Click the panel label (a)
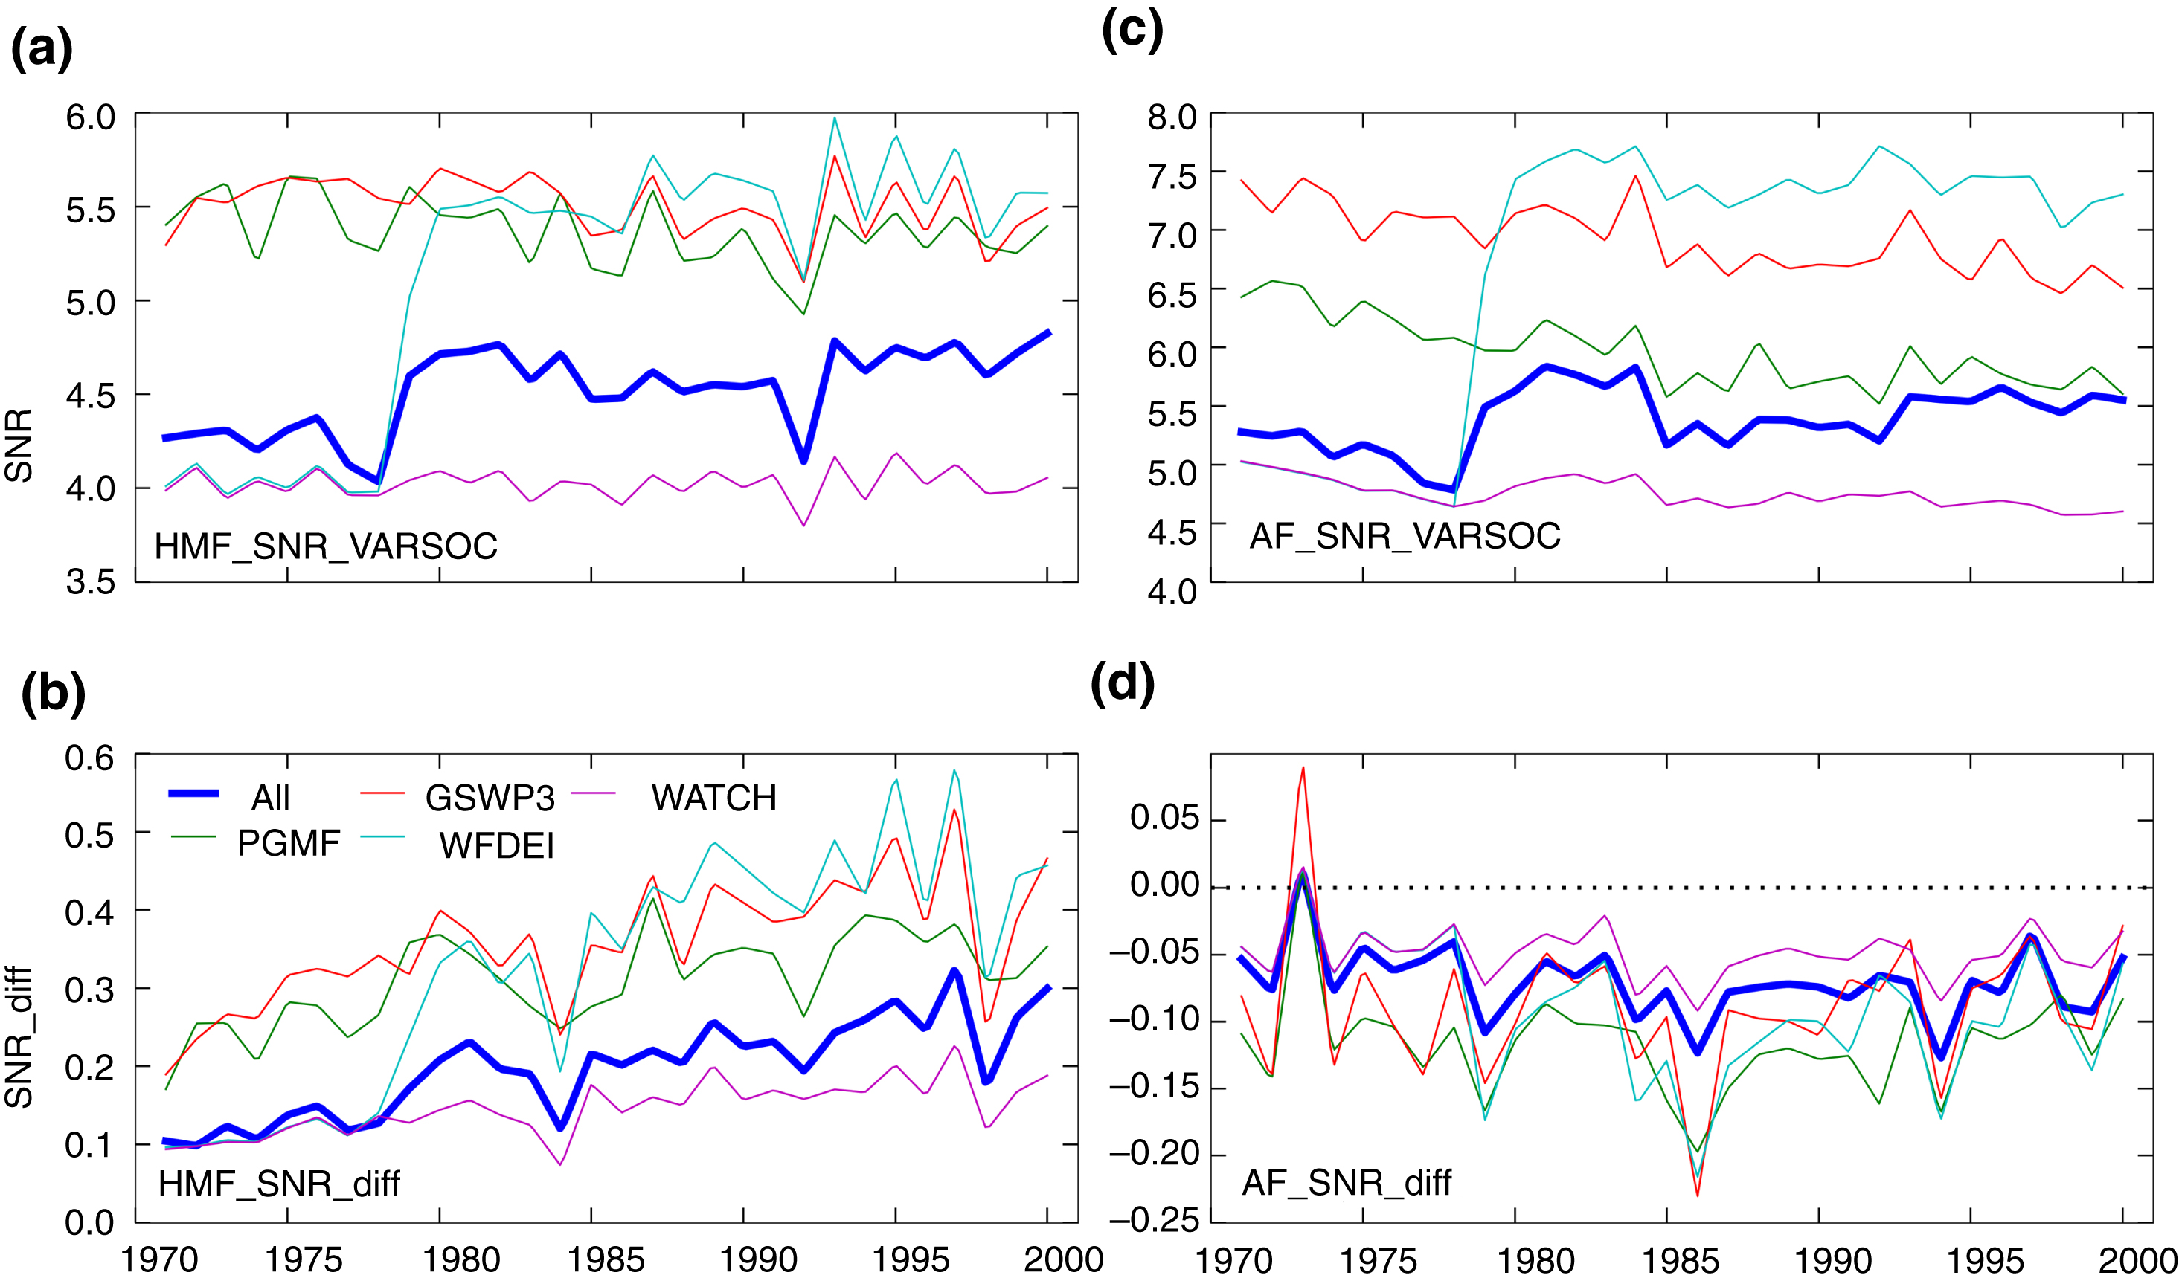(42, 48)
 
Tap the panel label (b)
(53, 692)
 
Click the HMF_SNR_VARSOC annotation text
(326, 546)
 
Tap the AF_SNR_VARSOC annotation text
(1405, 536)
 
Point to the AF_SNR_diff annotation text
(1347, 1181)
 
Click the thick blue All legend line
(193, 793)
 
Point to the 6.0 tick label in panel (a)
(90, 117)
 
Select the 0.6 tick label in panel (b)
(89, 758)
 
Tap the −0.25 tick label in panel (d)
(1154, 1219)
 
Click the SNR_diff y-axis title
(19, 1036)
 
